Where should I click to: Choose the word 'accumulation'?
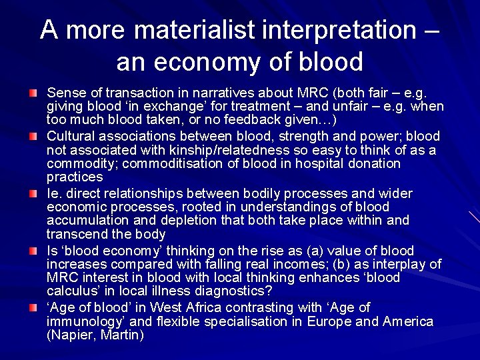point(86,221)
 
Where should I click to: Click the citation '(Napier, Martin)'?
point(95,336)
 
